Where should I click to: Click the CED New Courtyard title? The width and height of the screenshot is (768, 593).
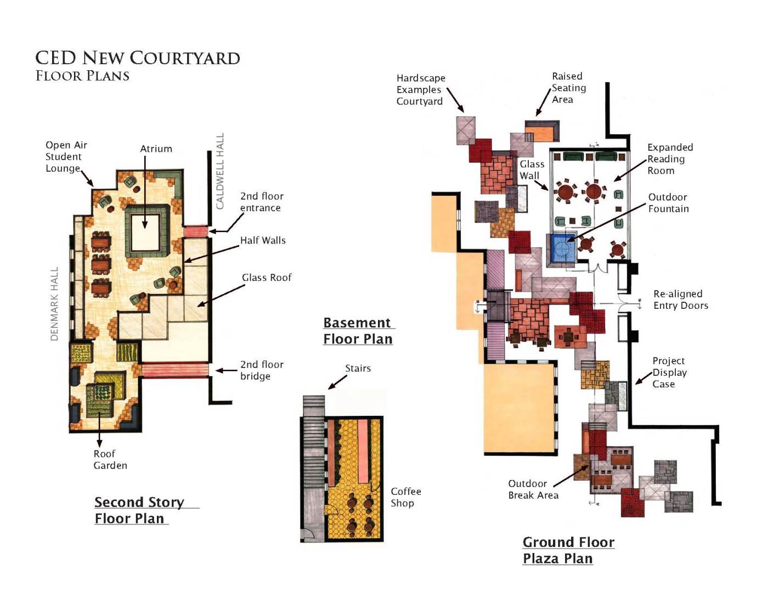tap(138, 58)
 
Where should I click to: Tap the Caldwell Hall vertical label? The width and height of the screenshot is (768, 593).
tap(220, 171)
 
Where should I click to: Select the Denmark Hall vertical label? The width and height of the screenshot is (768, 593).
tap(54, 304)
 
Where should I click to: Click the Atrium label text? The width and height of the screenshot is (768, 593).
tap(156, 149)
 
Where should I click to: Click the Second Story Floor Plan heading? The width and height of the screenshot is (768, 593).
tap(139, 510)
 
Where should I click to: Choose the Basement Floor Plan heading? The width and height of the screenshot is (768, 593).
tap(358, 331)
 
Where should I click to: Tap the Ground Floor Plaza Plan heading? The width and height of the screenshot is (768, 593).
tap(568, 550)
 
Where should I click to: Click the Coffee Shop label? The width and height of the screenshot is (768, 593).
tap(405, 497)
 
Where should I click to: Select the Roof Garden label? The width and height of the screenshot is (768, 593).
tap(110, 459)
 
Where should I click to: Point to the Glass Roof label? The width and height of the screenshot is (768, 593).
tap(267, 278)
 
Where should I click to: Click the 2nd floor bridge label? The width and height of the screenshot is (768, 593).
tap(262, 370)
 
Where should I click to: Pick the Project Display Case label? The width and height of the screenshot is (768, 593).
tap(669, 372)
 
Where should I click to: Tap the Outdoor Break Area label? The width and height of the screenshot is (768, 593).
tap(533, 489)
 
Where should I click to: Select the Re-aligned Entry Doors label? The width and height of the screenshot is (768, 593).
tap(681, 300)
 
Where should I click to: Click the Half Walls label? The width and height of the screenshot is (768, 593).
tap(263, 240)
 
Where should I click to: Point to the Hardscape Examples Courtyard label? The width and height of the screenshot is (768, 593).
tap(421, 89)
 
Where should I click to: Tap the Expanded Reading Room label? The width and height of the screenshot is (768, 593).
tap(670, 159)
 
